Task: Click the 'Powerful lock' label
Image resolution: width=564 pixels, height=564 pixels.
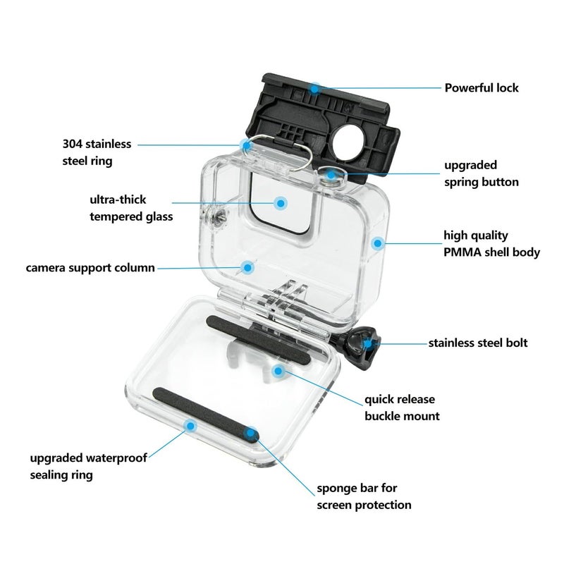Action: click(x=481, y=88)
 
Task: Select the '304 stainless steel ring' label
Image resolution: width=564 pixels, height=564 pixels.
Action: click(x=97, y=152)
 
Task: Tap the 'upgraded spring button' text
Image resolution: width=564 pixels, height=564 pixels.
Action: click(x=481, y=173)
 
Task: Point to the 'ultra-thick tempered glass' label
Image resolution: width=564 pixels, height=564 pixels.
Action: click(x=131, y=208)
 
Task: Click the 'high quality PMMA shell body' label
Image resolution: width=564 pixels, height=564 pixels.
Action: click(x=491, y=243)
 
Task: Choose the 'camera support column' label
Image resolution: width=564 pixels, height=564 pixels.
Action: click(x=90, y=268)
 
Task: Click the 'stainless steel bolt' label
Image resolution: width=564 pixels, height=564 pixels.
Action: click(x=477, y=343)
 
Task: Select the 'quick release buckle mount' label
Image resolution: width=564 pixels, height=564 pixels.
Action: click(x=401, y=408)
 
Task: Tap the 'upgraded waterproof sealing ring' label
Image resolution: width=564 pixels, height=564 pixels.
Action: click(x=88, y=466)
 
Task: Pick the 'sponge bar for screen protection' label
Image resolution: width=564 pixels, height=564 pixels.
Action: click(x=363, y=496)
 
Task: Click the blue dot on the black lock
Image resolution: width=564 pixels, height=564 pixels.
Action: click(x=315, y=88)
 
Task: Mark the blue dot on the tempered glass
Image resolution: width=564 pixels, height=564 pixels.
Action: click(x=281, y=203)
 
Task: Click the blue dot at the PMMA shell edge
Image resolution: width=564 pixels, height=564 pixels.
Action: click(x=377, y=243)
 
